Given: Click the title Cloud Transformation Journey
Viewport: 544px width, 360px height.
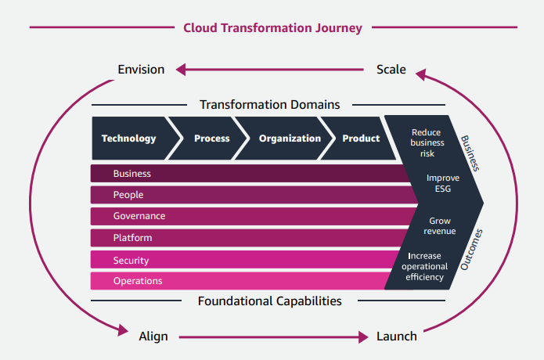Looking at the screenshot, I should click(x=272, y=28).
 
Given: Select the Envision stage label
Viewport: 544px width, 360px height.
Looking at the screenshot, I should click(x=141, y=70).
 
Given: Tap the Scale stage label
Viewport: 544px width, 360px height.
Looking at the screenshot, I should click(x=391, y=70).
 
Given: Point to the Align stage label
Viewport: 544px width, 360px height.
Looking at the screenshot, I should click(x=153, y=337).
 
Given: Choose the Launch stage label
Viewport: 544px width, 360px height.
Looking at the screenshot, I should click(x=396, y=337).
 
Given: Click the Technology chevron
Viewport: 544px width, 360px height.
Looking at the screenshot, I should click(x=129, y=139).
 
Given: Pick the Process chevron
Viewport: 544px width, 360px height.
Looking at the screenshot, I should click(x=211, y=139).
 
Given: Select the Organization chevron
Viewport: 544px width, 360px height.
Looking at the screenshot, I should click(x=290, y=139).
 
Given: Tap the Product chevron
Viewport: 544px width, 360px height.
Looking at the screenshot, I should click(x=361, y=139).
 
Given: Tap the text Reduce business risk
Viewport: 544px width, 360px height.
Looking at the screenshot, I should click(x=427, y=143).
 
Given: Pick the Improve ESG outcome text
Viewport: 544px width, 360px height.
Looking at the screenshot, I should click(x=442, y=183).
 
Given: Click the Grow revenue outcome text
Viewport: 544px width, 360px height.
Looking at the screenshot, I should click(x=440, y=226).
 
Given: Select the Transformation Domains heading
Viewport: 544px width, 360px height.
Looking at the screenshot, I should click(x=269, y=104).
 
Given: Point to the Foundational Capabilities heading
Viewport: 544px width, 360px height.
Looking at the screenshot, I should click(x=269, y=301).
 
